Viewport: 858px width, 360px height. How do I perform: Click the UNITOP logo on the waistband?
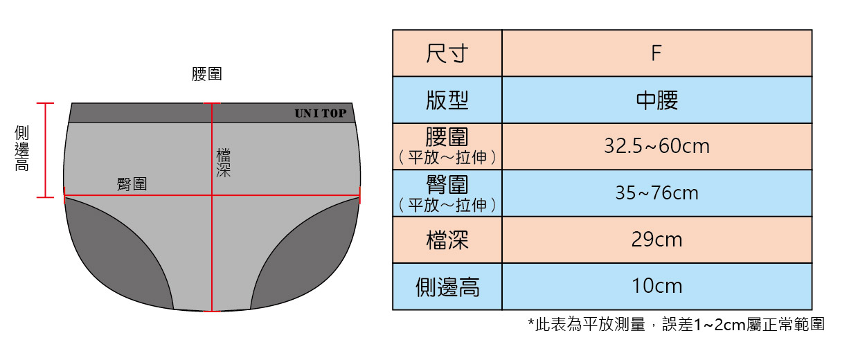pyautogui.click(x=320, y=114)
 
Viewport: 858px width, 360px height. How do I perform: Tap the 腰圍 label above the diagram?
pyautogui.click(x=206, y=75)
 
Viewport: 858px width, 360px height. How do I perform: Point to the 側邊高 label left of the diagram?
pyautogui.click(x=22, y=148)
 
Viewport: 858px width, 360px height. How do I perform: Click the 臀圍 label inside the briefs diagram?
pyautogui.click(x=132, y=184)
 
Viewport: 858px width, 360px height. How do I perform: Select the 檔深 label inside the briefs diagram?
pyautogui.click(x=223, y=162)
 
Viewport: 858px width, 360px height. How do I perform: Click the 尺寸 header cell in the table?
pyautogui.click(x=447, y=53)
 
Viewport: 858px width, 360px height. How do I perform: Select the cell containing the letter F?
pyautogui.click(x=656, y=53)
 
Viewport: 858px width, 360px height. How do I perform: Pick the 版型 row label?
pyautogui.click(x=447, y=100)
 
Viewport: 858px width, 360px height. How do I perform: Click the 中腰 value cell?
pyautogui.click(x=656, y=100)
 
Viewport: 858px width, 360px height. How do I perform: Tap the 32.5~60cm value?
pyautogui.click(x=656, y=147)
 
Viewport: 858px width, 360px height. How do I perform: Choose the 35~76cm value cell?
pyautogui.click(x=656, y=193)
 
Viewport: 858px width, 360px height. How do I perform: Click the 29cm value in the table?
pyautogui.click(x=656, y=240)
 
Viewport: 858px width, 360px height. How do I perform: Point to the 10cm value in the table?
pyautogui.click(x=656, y=286)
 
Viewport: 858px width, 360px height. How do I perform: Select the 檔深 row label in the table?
pyautogui.click(x=447, y=240)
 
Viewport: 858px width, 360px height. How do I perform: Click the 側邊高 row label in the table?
pyautogui.click(x=447, y=287)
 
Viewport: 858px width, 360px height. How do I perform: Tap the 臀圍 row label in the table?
pyautogui.click(x=447, y=185)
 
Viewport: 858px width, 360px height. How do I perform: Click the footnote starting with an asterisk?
pyautogui.click(x=676, y=324)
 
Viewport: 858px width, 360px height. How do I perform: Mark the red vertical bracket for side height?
pyautogui.click(x=45, y=150)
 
